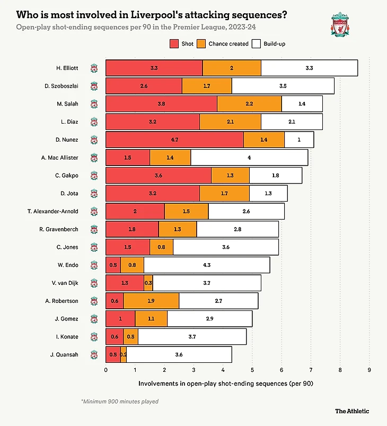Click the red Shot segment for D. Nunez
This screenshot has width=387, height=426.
(x=174, y=140)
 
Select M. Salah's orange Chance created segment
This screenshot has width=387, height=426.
(x=249, y=104)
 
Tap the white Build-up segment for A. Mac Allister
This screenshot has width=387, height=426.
(x=249, y=158)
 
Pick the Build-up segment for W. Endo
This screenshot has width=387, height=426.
(x=206, y=265)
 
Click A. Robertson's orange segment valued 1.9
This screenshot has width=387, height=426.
(x=151, y=301)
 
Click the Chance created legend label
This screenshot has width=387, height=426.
(x=228, y=44)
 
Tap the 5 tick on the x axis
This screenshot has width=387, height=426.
(x=252, y=370)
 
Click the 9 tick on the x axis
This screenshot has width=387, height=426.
(x=369, y=370)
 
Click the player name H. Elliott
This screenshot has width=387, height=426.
(x=67, y=68)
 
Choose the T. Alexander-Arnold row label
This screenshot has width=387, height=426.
(x=52, y=211)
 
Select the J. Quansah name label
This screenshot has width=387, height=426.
(x=64, y=354)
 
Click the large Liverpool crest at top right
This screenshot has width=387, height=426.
(x=341, y=25)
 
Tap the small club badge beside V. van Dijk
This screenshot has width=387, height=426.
(x=94, y=283)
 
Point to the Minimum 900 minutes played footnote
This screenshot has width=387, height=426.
(x=119, y=402)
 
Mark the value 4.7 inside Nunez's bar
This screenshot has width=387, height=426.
(x=174, y=140)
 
